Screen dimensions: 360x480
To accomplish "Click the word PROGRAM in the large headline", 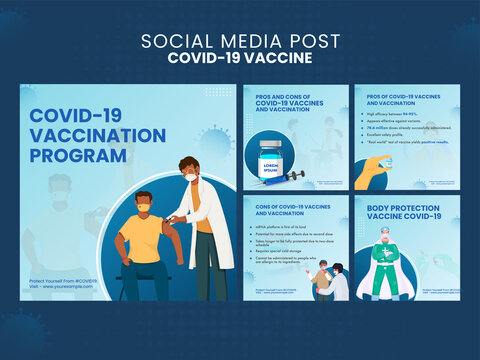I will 79,155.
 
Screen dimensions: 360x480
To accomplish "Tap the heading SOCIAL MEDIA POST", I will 239,40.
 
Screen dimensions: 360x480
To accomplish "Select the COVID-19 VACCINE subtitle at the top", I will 239,58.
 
